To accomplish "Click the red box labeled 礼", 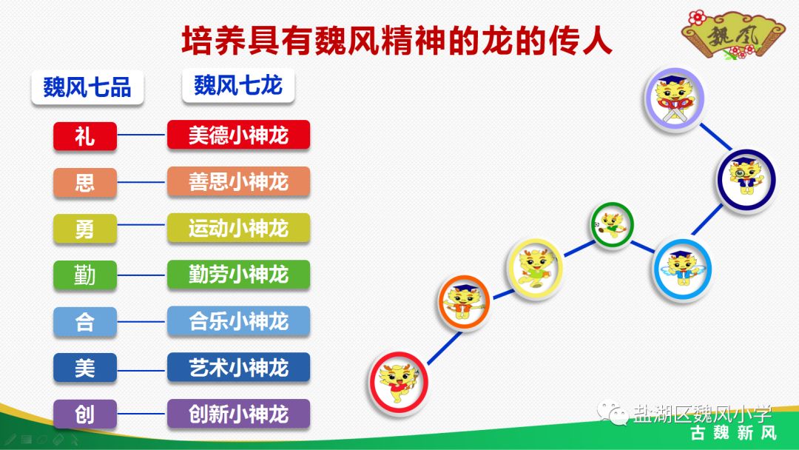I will [85, 136].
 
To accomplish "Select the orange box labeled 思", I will [85, 182].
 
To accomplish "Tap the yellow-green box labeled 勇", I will [85, 229].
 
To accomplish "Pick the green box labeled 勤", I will [85, 275].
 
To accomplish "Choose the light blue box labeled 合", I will [85, 322].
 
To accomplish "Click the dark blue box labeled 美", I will [85, 368].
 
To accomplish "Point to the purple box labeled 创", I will [85, 414].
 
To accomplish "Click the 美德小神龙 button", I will [238, 135].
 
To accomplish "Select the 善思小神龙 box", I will [238, 181].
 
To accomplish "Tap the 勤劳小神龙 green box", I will [238, 275].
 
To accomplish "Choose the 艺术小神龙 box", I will [238, 367].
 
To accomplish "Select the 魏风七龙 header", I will [238, 86].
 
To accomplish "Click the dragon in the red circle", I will [399, 382].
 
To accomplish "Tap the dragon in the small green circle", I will [613, 224].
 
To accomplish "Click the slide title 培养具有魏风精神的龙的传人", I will [397, 41].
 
